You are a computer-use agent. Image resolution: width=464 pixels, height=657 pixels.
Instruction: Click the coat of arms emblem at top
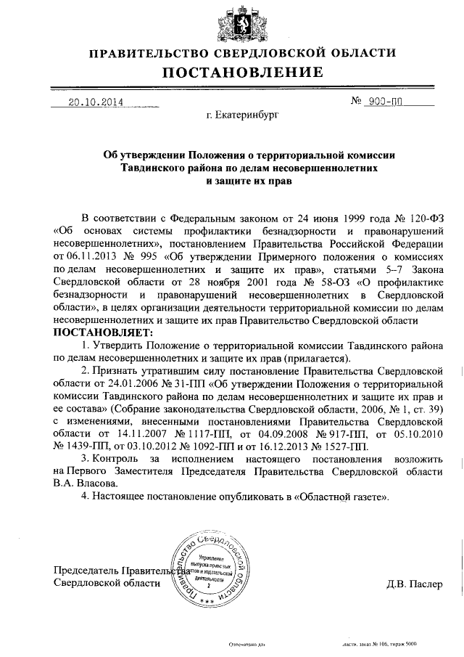coord(233,23)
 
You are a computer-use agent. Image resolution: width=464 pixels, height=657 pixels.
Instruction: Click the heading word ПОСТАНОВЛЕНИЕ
coord(242,72)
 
